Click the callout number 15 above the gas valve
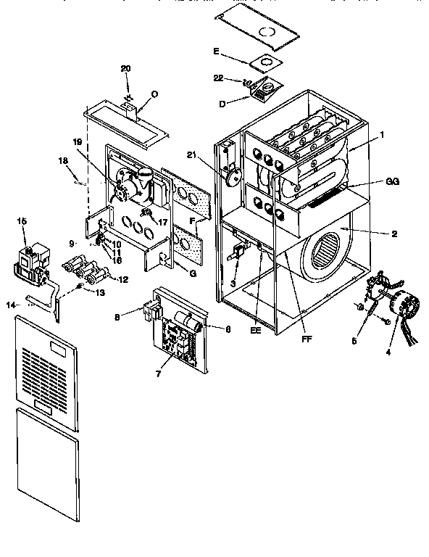click(21, 220)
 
